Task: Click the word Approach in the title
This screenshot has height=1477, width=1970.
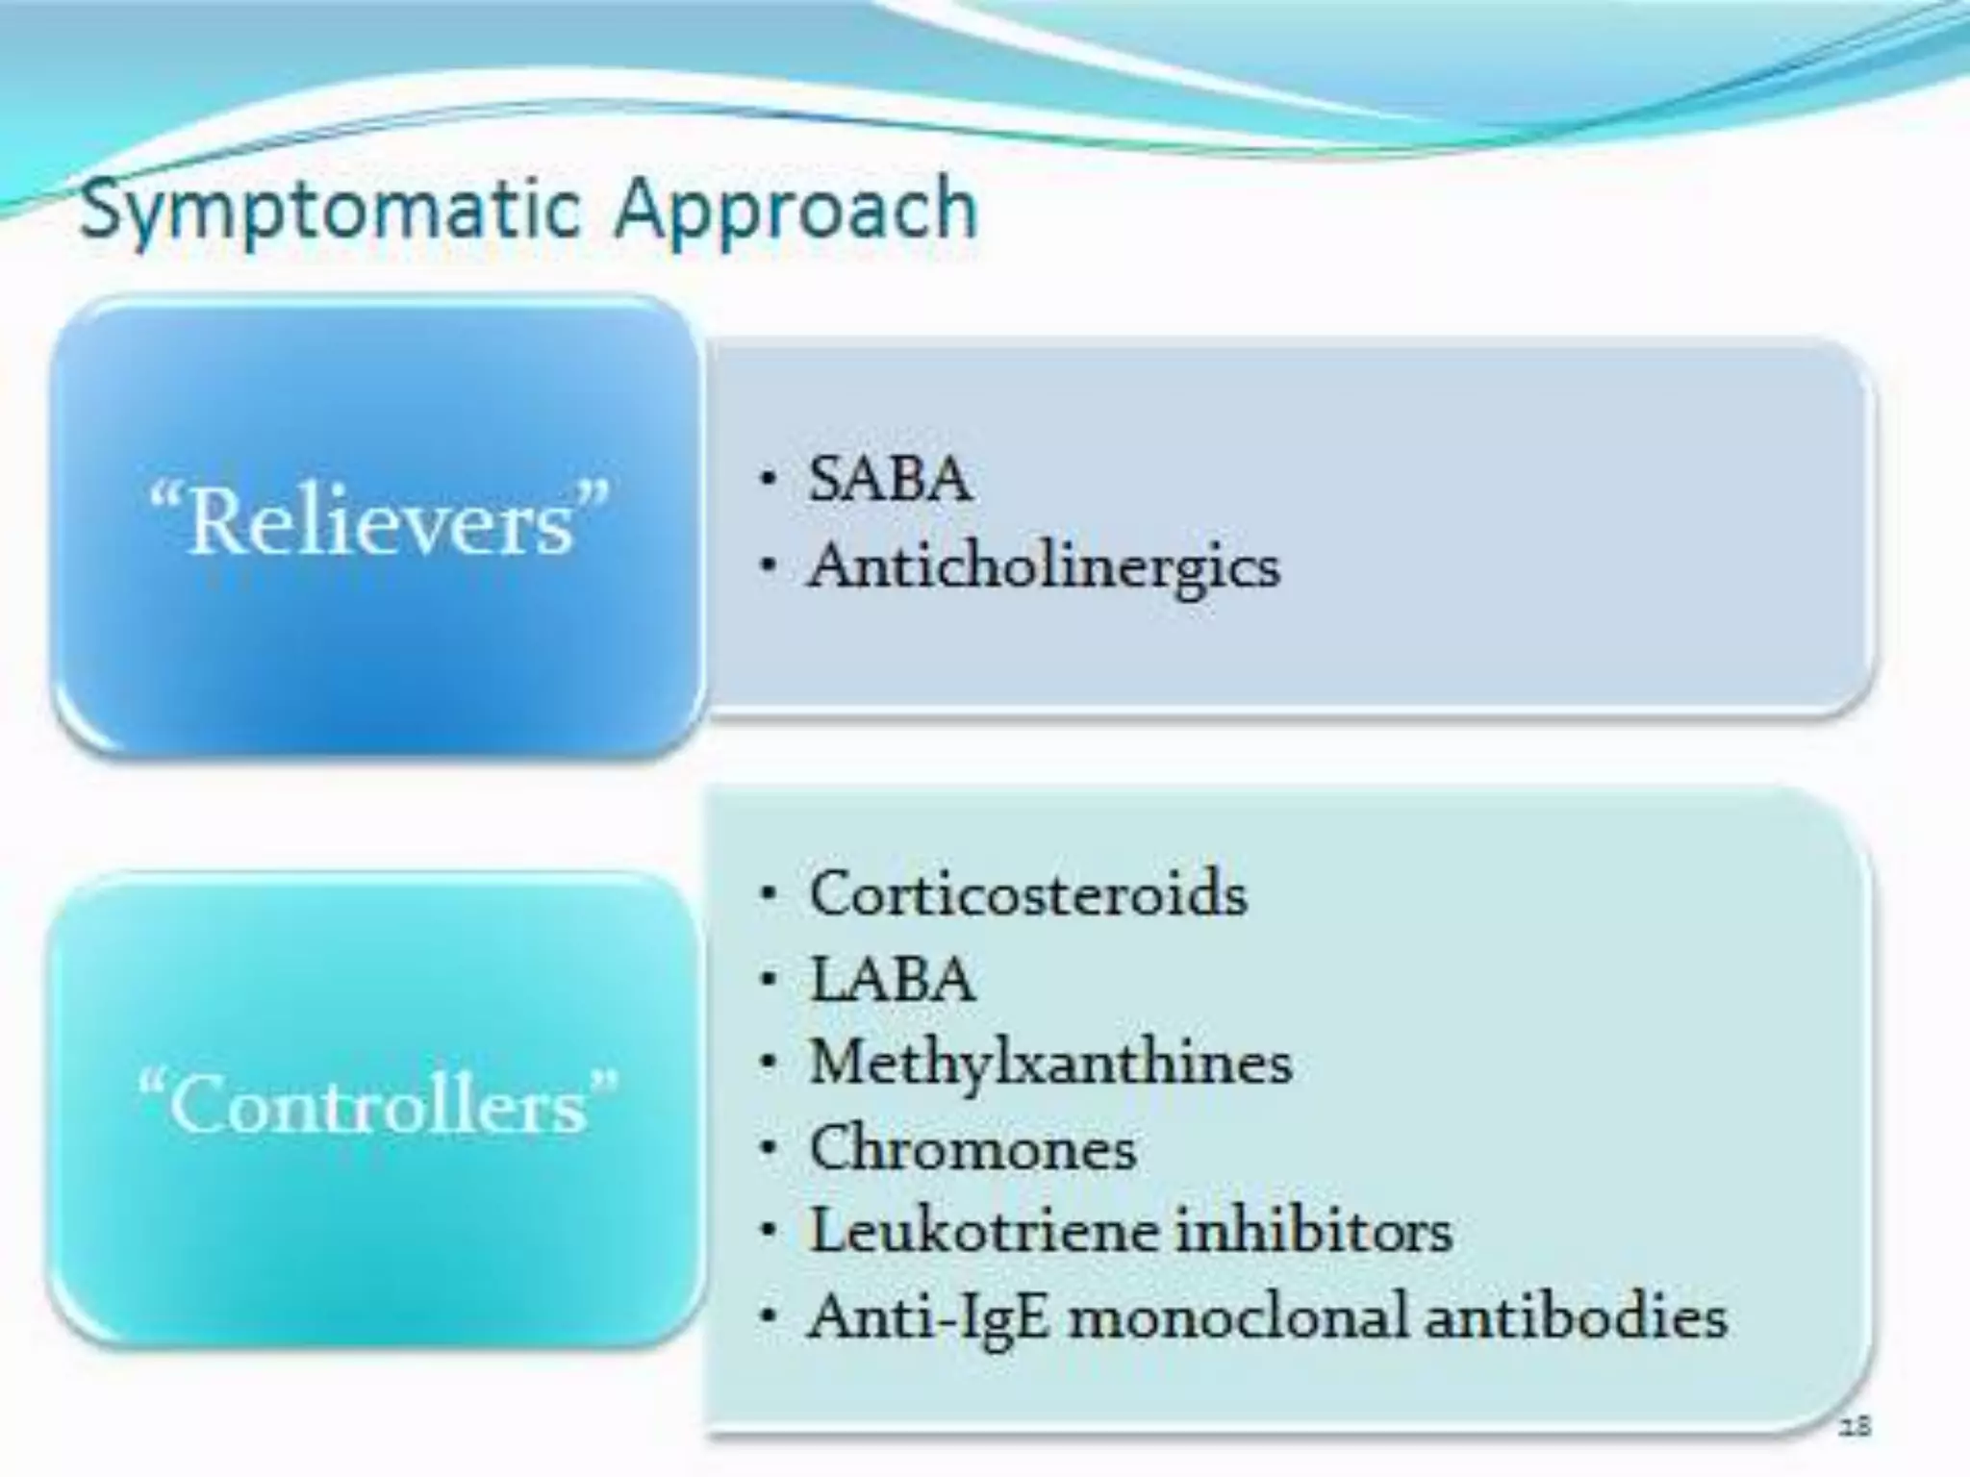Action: [796, 211]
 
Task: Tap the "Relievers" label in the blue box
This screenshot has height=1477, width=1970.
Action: [380, 523]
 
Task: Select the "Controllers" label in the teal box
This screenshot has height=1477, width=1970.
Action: [378, 1104]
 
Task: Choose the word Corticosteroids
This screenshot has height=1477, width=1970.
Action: [1028, 893]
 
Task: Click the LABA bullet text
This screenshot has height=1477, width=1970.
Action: [892, 980]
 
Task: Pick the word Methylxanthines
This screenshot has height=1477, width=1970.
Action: [1050, 1063]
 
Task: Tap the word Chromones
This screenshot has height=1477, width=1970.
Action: [972, 1148]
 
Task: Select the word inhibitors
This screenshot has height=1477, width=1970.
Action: [1313, 1231]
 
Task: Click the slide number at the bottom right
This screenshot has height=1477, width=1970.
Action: [1855, 1426]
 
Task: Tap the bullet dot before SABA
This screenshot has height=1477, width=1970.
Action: [767, 478]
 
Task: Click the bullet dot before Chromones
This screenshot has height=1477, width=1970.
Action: [767, 1148]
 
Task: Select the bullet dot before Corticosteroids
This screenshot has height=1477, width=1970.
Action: [767, 894]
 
